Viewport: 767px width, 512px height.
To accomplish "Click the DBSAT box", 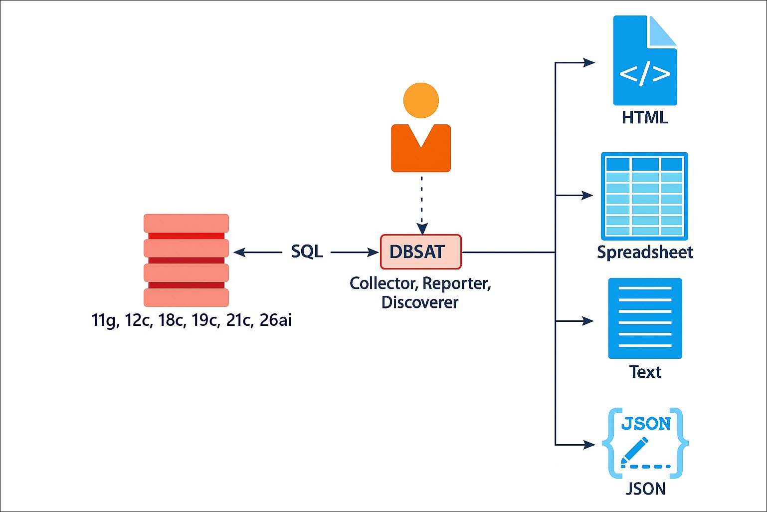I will pyautogui.click(x=420, y=252).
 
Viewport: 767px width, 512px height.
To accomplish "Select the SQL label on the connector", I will pyautogui.click(x=307, y=252).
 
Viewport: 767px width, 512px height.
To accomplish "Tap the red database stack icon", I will pyautogui.click(x=186, y=260).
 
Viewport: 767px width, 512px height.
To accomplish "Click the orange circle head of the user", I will pyautogui.click(x=421, y=100).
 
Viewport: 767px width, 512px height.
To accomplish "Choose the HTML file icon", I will pyautogui.click(x=645, y=61).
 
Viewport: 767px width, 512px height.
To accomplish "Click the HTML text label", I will pyautogui.click(x=645, y=118).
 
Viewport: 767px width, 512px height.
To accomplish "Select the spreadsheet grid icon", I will pyautogui.click(x=644, y=196).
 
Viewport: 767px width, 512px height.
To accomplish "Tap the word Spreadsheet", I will pyautogui.click(x=645, y=253).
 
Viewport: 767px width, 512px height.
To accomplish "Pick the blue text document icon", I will pyautogui.click(x=645, y=318).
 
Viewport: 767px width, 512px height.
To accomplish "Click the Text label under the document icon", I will pyautogui.click(x=645, y=372).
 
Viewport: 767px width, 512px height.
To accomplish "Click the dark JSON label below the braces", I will pyautogui.click(x=645, y=489).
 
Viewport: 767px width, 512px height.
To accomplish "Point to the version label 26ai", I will pyautogui.click(x=275, y=320).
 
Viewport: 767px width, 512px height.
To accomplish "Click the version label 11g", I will pyautogui.click(x=105, y=320).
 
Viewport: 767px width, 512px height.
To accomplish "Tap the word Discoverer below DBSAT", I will pyautogui.click(x=419, y=302).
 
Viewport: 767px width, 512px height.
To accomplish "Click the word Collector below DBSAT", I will pyautogui.click(x=383, y=283).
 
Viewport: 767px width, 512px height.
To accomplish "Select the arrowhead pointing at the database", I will pyautogui.click(x=239, y=253).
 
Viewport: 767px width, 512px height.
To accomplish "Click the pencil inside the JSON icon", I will pyautogui.click(x=634, y=451).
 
